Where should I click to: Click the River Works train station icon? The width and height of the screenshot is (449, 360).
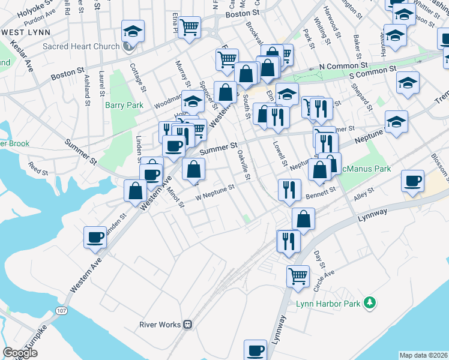click(188, 325)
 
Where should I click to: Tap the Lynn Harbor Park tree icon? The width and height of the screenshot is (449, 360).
click(371, 303)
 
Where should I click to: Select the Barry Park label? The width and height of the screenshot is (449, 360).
click(124, 105)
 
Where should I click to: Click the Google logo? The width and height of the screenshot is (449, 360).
click(20, 353)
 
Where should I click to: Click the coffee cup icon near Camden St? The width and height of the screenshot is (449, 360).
click(95, 237)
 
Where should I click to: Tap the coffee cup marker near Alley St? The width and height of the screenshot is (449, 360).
click(412, 182)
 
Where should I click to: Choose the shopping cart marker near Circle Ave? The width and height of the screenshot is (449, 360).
click(298, 276)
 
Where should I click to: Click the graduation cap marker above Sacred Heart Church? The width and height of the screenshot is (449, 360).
click(133, 30)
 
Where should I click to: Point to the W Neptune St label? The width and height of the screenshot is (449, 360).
click(214, 193)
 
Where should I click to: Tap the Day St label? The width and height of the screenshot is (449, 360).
click(319, 260)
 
